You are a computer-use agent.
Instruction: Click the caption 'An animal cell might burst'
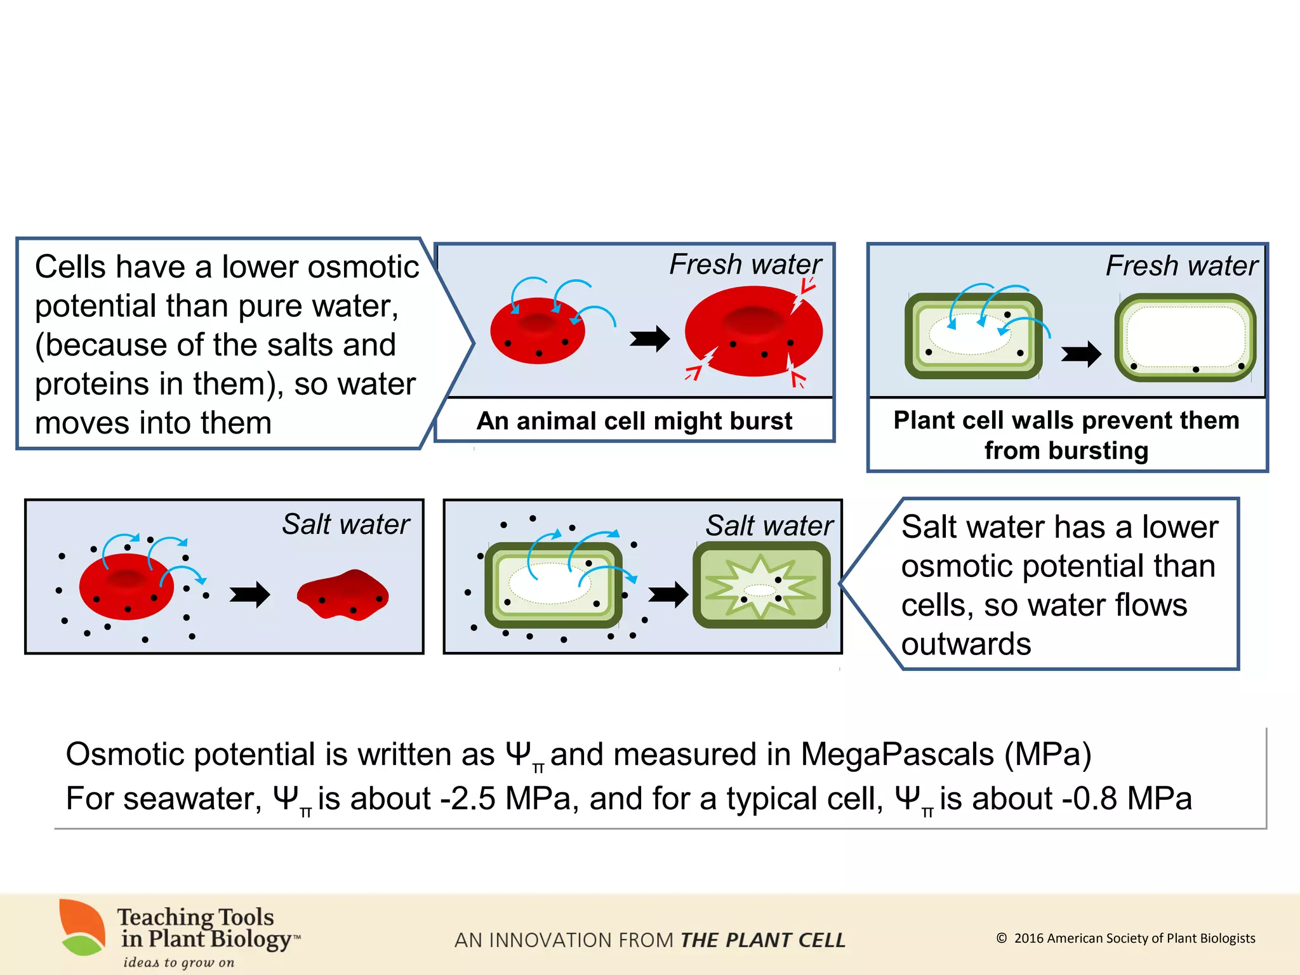[634, 421]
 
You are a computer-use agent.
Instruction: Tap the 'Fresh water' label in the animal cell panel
[745, 264]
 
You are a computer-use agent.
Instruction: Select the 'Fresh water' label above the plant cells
[1181, 265]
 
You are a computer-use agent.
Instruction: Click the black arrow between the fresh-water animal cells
[649, 338]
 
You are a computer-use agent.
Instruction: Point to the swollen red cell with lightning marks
[753, 332]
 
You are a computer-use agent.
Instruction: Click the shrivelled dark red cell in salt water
[343, 595]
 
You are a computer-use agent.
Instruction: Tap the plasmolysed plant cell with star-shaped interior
[761, 585]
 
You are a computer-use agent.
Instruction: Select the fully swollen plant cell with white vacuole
[1185, 338]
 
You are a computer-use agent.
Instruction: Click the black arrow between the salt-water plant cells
[668, 595]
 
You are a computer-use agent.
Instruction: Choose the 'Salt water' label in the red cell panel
[346, 524]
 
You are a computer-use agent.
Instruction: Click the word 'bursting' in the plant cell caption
[1066, 451]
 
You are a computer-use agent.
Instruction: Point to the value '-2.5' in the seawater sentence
[468, 799]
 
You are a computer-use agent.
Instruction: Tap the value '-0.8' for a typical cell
[1090, 799]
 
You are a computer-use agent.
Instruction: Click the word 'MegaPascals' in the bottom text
[897, 755]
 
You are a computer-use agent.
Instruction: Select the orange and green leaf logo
[83, 927]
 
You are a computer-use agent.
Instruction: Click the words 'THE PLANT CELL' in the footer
[763, 940]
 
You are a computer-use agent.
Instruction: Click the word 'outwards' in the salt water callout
[966, 644]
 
